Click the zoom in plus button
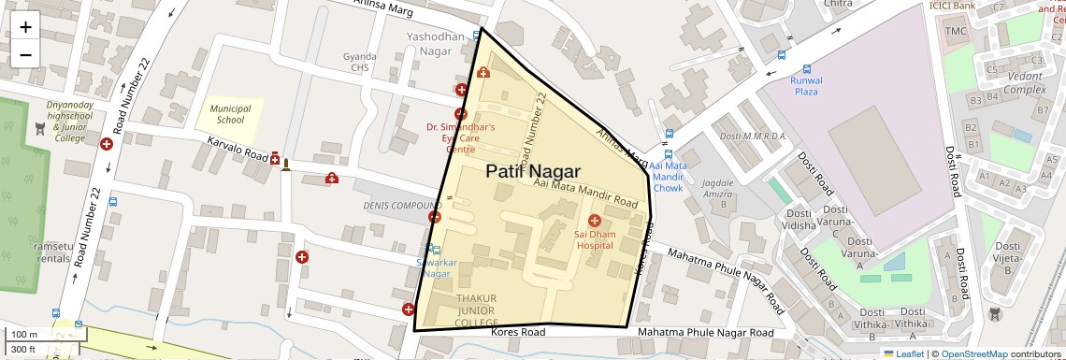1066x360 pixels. point(25,26)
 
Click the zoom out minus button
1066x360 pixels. point(25,54)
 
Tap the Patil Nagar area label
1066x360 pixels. point(533,172)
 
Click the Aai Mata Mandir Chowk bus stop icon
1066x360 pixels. point(668,154)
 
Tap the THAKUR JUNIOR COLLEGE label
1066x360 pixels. point(476,310)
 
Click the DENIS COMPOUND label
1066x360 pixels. point(401,206)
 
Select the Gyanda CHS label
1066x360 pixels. point(360,62)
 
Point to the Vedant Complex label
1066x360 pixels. point(1024,83)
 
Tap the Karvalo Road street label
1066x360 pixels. point(237,150)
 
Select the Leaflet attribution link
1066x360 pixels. point(903,353)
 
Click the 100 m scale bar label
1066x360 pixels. point(24,334)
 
